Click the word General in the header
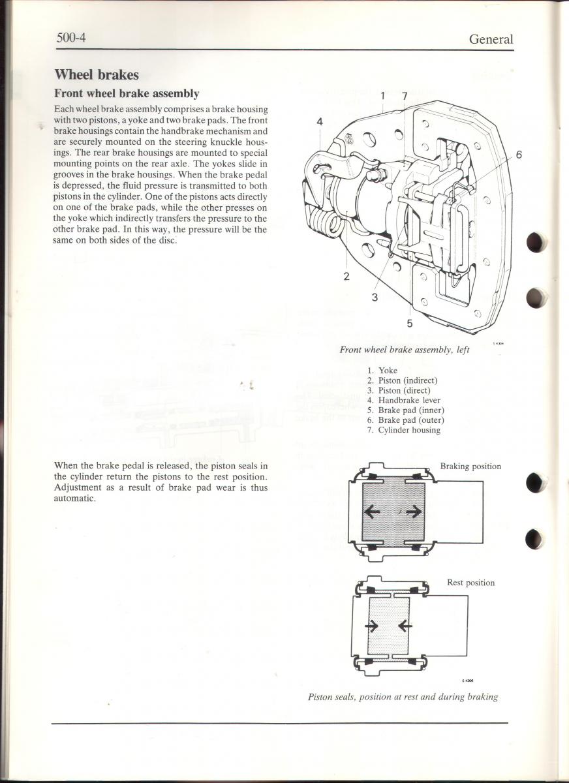pyautogui.click(x=491, y=39)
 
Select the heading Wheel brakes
pyautogui.click(x=97, y=74)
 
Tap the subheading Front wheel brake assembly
pyautogui.click(x=127, y=94)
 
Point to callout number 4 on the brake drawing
pyautogui.click(x=320, y=121)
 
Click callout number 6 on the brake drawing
pyautogui.click(x=519, y=155)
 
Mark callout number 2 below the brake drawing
pyautogui.click(x=346, y=276)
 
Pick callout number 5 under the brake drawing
pyautogui.click(x=409, y=322)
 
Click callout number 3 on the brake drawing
pyautogui.click(x=375, y=298)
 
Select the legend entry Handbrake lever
pyautogui.click(x=409, y=401)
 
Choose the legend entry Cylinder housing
pyautogui.click(x=409, y=430)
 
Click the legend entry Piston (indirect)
pyautogui.click(x=408, y=380)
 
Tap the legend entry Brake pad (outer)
pyautogui.click(x=410, y=420)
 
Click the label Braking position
pyautogui.click(x=470, y=467)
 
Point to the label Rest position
pyautogui.click(x=470, y=583)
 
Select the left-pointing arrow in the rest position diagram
pyautogui.click(x=405, y=626)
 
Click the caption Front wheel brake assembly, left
pyautogui.click(x=405, y=350)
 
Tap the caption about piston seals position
pyautogui.click(x=403, y=697)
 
